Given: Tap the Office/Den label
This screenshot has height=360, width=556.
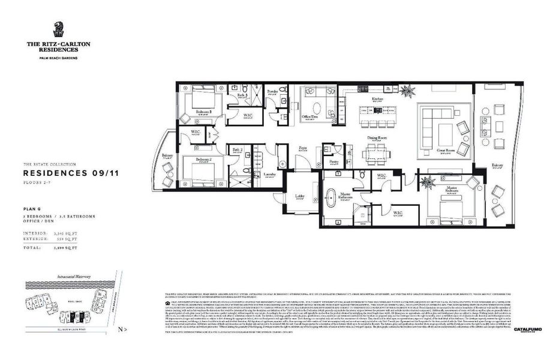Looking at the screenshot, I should [310, 116].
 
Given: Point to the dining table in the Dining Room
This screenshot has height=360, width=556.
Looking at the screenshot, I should [377, 154].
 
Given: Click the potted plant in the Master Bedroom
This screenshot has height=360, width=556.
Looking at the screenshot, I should [428, 182].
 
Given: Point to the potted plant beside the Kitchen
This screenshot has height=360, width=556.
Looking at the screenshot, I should [408, 92].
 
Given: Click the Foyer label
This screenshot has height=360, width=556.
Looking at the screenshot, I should [303, 147].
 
